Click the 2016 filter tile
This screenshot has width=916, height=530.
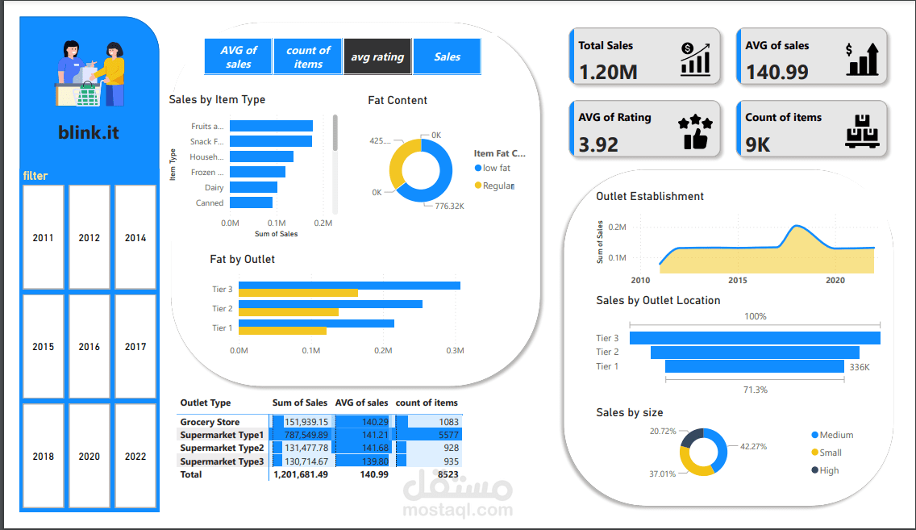tap(90, 347)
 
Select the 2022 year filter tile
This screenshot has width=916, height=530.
tap(135, 456)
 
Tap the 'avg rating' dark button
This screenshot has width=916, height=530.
tap(377, 56)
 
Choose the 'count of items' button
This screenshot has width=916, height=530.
tap(308, 56)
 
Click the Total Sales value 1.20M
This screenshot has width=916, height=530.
tap(608, 72)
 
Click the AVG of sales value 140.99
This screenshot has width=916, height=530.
tap(777, 72)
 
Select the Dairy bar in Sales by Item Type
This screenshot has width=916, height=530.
tap(253, 187)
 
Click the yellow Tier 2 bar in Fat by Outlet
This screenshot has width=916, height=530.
tap(289, 312)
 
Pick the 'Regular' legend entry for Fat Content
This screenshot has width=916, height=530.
tap(498, 186)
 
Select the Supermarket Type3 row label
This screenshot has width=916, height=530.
tap(222, 461)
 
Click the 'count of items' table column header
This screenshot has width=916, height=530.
tap(427, 403)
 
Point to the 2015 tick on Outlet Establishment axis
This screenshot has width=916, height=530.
tap(738, 281)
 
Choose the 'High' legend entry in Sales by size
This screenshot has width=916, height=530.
tap(829, 470)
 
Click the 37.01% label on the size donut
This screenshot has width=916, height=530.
tap(662, 474)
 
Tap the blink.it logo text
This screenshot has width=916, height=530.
tap(89, 131)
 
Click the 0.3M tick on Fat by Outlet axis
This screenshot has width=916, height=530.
tap(455, 351)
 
